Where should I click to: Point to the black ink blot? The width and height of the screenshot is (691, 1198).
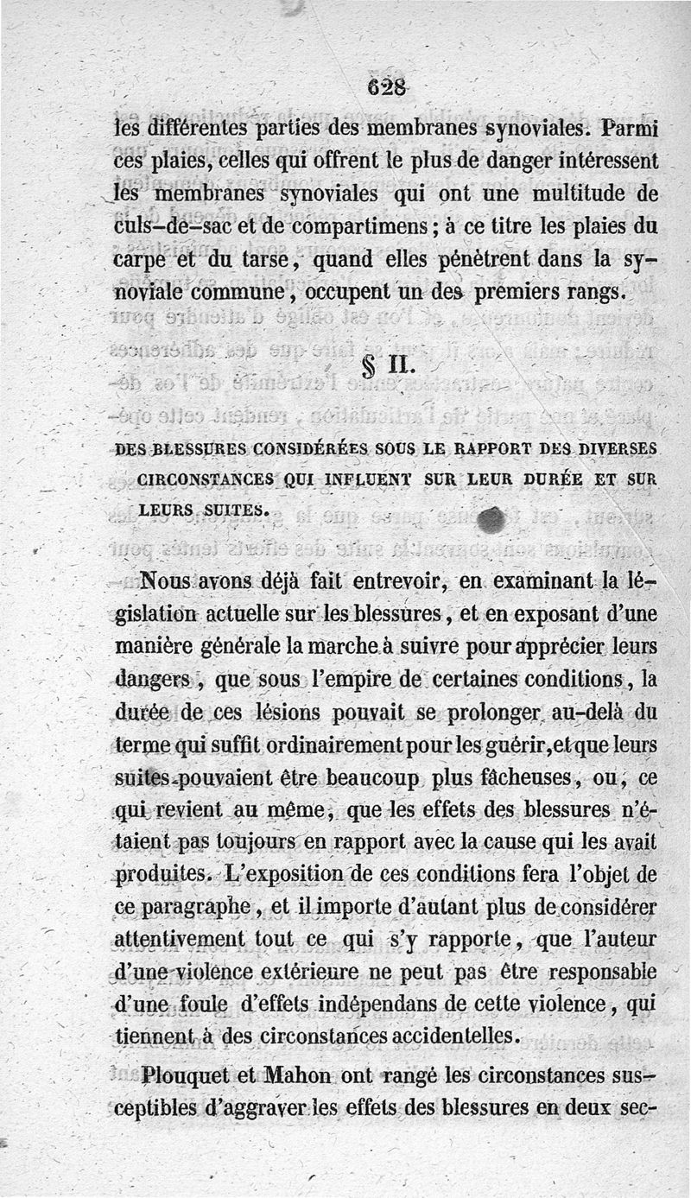click(490, 520)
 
